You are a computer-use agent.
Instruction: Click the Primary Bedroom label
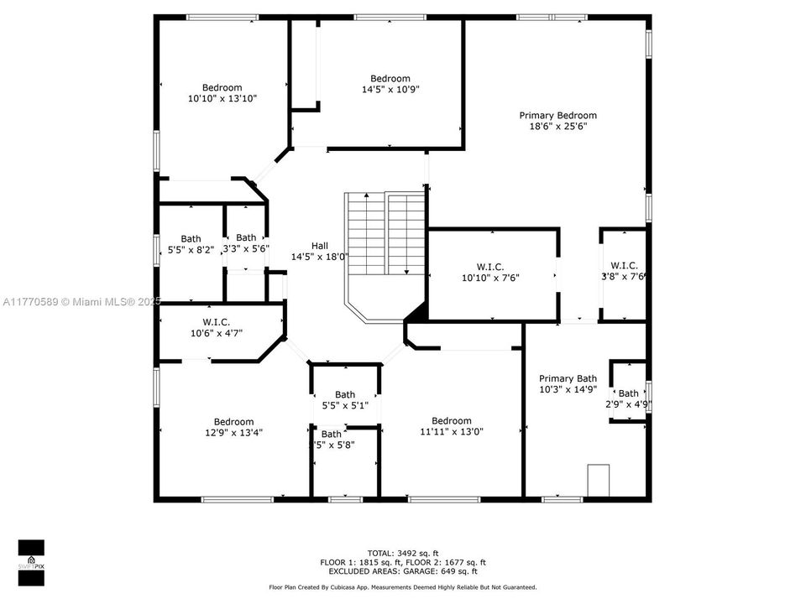557,116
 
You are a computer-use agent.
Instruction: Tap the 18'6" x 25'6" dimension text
557,127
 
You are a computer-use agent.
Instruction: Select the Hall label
320,246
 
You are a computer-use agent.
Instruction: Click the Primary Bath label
568,378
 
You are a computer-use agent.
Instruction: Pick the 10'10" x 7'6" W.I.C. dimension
490,278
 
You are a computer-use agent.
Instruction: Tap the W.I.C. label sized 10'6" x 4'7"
216,322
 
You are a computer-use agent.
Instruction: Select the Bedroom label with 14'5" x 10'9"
390,79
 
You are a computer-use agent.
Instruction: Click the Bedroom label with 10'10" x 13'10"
222,87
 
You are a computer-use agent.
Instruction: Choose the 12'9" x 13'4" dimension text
233,433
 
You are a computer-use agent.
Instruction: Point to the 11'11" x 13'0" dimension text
452,432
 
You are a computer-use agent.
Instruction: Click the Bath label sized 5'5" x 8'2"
191,239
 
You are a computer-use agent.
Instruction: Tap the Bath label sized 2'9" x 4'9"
628,393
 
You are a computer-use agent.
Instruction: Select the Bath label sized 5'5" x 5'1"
345,394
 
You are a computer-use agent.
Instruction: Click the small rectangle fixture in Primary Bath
599,481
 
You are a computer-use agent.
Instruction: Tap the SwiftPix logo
31,558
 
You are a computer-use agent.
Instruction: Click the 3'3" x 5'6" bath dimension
246,249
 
